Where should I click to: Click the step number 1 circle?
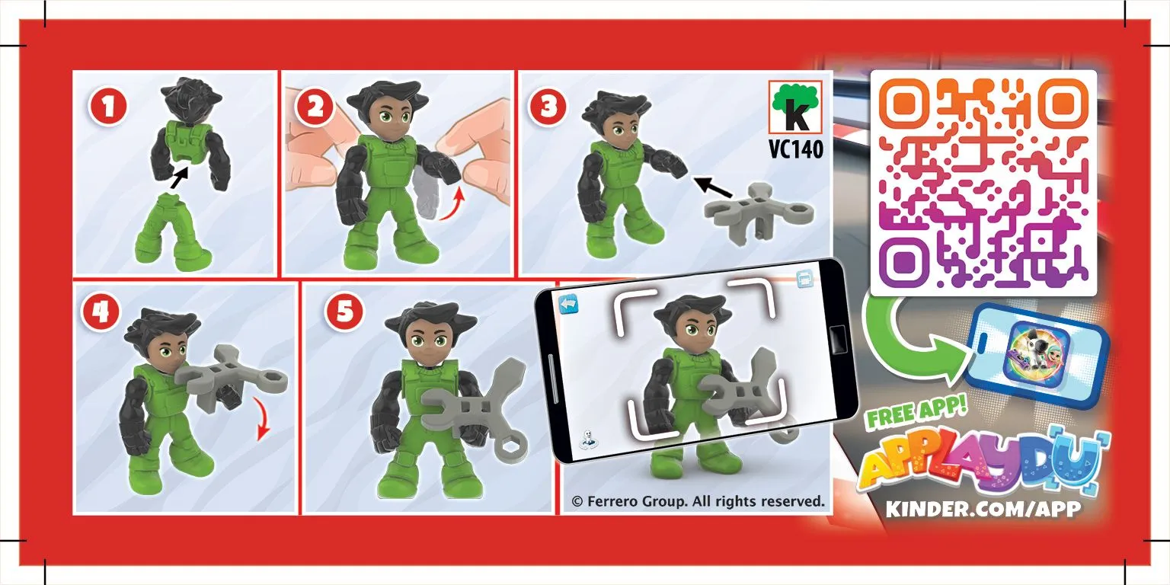tap(108, 107)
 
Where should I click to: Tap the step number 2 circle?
tap(315, 107)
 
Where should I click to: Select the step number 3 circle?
tap(548, 107)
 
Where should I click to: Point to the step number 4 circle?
tap(101, 312)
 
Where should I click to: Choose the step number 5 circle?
tap(344, 312)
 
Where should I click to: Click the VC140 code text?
tap(795, 149)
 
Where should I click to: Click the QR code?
tap(983, 183)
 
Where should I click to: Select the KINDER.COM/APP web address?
tap(983, 508)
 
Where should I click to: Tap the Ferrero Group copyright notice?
tap(698, 501)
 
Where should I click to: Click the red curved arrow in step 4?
tap(262, 420)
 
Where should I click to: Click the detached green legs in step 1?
tap(172, 232)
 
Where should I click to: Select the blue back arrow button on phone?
tap(568, 305)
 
